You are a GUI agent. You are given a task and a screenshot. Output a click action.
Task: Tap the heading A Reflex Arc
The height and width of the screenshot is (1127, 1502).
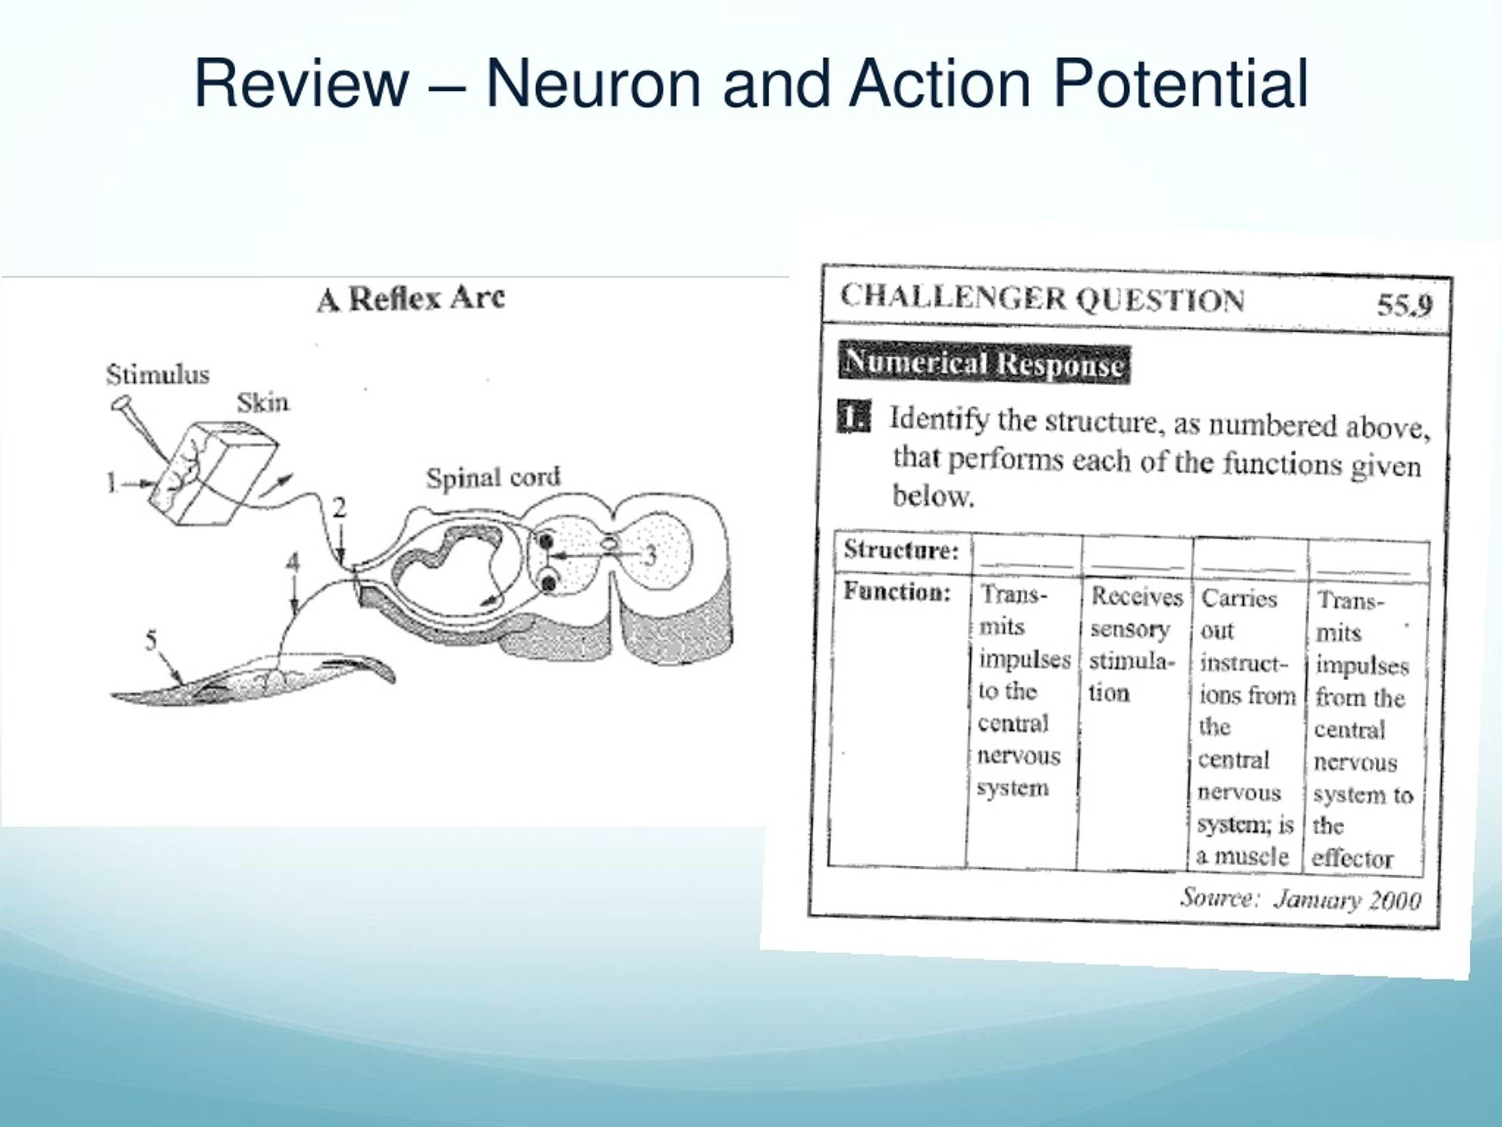411,298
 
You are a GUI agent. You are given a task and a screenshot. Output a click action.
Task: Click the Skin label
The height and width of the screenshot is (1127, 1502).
263,403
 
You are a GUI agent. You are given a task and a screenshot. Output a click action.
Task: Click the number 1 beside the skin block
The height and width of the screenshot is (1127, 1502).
111,483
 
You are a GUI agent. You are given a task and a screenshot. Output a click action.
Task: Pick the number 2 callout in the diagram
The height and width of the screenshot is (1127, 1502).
340,508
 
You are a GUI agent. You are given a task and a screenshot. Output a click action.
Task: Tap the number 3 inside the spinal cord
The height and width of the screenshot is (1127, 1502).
650,555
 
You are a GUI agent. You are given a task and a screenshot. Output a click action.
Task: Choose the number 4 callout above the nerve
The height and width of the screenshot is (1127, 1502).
293,562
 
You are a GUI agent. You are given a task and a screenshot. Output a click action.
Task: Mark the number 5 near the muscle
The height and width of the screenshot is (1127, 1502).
151,639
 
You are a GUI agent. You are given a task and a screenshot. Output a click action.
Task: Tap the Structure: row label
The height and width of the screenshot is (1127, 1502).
901,549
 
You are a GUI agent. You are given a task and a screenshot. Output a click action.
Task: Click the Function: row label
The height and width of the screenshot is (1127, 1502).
897,592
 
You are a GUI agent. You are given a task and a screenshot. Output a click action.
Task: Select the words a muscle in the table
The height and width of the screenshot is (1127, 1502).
1242,856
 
